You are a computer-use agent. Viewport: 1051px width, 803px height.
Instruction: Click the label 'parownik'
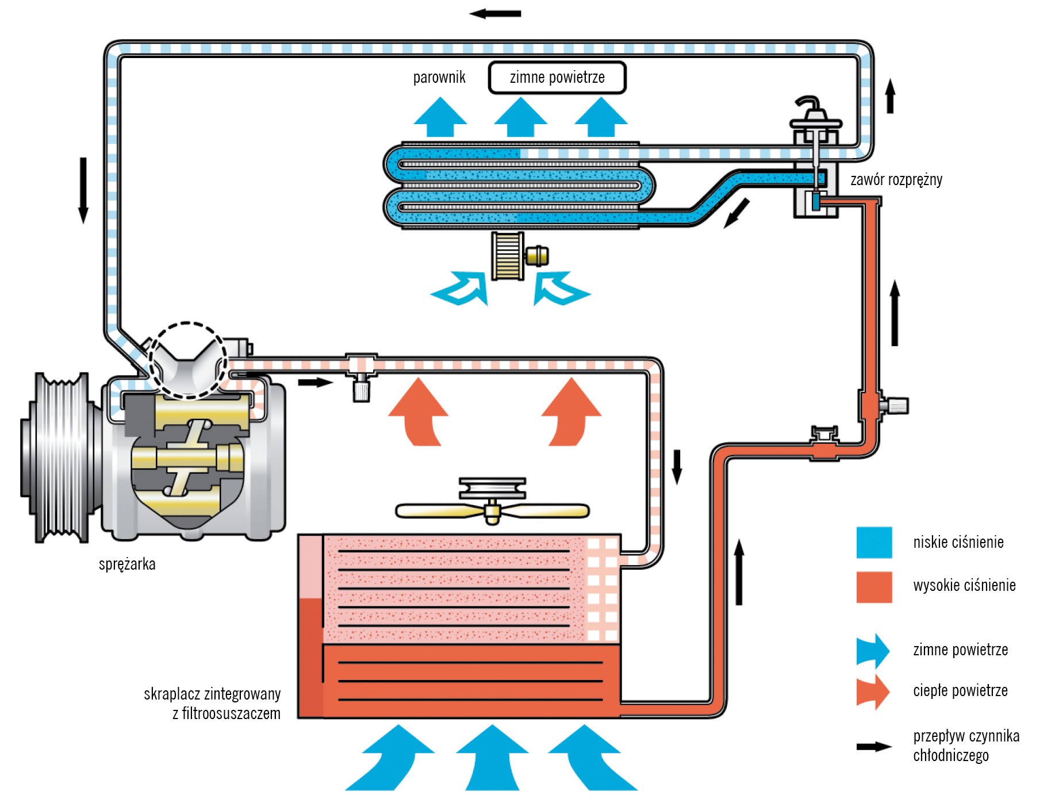[439, 78]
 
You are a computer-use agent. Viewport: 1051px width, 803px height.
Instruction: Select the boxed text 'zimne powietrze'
[557, 78]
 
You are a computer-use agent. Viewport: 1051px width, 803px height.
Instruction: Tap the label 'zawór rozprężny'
[896, 180]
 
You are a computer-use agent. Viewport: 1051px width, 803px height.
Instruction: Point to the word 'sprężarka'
[127, 564]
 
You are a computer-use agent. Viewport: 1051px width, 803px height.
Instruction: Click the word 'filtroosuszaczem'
[231, 714]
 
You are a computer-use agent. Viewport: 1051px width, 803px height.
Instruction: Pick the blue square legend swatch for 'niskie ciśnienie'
[874, 542]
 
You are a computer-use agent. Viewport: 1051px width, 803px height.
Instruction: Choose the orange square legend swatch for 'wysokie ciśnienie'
[874, 587]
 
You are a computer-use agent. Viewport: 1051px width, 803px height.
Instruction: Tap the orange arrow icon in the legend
[873, 691]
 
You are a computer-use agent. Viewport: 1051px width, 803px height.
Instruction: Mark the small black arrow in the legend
[873, 747]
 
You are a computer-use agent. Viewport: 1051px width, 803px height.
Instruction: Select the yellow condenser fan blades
[492, 511]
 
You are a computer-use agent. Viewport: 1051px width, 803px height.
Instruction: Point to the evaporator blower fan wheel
[508, 256]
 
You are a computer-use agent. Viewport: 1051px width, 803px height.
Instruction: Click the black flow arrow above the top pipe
[495, 13]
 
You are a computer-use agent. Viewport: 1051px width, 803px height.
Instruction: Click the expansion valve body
[815, 172]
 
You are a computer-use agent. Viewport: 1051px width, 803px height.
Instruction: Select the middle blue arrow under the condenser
[492, 757]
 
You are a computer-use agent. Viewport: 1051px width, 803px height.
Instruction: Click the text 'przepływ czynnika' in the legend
[966, 736]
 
